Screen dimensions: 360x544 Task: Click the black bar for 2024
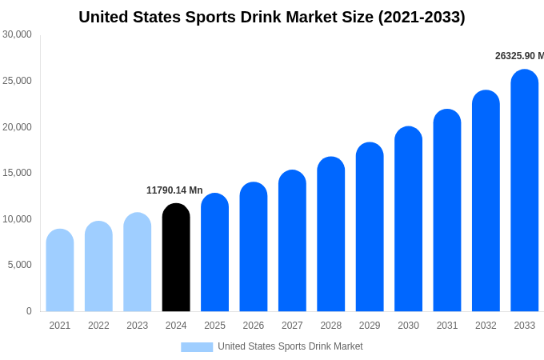[176, 258]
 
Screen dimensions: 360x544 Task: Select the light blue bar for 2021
[60, 270]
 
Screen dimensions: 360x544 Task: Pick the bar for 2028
[330, 234]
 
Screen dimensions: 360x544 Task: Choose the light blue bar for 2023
[138, 262]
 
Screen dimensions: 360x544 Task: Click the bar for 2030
[408, 219]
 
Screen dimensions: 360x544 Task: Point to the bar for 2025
[214, 253]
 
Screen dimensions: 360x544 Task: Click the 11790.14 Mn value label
[174, 190]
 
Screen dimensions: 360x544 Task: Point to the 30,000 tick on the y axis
[17, 34]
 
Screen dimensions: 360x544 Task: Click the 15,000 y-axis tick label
[17, 173]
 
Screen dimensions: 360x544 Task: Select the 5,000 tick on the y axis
[19, 265]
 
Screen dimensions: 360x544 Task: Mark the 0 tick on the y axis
[29, 311]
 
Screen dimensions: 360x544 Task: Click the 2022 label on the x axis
[98, 326]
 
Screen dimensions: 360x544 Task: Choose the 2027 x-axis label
[292, 326]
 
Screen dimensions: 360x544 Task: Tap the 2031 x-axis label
[447, 326]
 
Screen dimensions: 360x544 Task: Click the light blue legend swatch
[197, 347]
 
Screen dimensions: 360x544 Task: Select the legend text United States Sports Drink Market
[290, 346]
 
